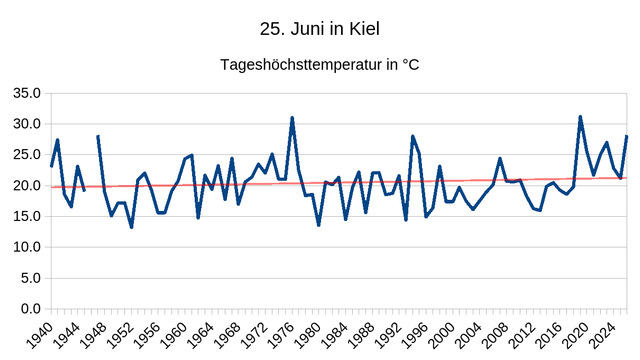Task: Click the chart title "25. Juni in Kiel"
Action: point(320,29)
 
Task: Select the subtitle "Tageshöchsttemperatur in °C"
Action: point(320,64)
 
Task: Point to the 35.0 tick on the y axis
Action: point(27,93)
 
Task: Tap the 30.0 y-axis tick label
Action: point(27,124)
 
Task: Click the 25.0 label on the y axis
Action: point(27,155)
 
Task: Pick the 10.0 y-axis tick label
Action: point(27,247)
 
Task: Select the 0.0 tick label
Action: point(31,309)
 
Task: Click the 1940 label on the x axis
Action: point(40,335)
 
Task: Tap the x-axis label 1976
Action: point(281,335)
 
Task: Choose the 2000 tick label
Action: point(442,335)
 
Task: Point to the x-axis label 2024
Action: point(603,335)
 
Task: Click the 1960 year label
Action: point(174,335)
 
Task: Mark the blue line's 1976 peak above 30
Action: point(292,118)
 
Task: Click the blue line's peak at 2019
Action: point(580,117)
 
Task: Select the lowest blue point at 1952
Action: point(131,227)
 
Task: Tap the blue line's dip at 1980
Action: point(319,225)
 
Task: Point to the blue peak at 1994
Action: point(413,136)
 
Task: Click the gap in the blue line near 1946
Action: point(91,163)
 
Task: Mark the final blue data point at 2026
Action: point(627,136)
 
